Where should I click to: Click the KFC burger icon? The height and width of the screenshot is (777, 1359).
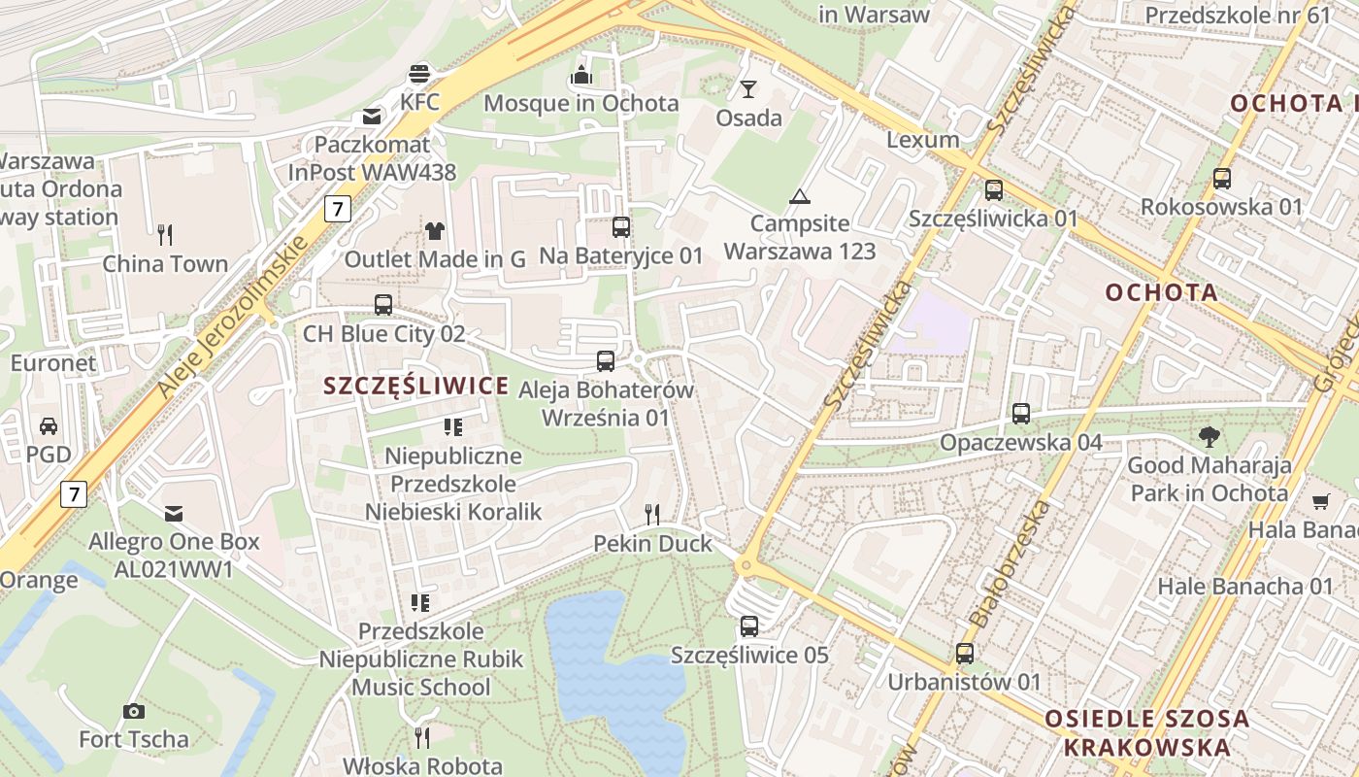419,74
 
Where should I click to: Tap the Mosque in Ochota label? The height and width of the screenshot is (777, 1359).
581,103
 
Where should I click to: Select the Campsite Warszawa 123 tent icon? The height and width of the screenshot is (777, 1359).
799,197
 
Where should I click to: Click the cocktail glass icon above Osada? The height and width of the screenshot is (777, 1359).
747,89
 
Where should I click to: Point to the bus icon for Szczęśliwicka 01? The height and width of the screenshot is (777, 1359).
993,190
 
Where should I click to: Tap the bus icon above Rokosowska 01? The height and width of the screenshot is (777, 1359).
1221,179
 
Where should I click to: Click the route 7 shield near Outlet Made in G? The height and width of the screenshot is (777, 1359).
337,208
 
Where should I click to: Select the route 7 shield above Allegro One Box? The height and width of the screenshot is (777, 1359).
73,493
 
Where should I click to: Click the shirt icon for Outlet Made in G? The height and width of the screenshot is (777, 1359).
434,231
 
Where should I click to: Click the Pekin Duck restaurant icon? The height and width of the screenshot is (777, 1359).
652,515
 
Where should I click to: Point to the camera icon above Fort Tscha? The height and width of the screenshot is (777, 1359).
134,712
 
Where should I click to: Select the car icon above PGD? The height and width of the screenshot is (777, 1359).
49,426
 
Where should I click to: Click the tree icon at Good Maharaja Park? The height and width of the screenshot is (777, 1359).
1209,437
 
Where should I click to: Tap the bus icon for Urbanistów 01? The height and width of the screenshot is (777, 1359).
964,654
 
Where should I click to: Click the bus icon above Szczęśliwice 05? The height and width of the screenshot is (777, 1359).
748,626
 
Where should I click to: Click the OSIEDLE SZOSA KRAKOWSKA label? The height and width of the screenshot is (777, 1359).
1146,733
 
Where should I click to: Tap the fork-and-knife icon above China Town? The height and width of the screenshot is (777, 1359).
165,234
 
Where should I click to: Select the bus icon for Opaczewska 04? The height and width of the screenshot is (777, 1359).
1020,414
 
